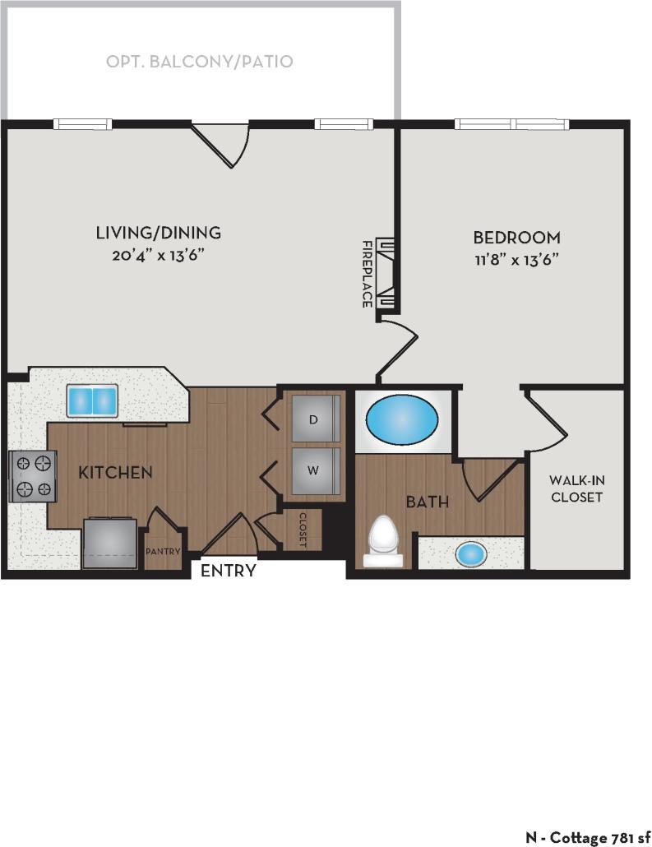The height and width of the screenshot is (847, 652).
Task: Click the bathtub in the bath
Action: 402,419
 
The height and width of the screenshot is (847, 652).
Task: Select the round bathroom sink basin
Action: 471,553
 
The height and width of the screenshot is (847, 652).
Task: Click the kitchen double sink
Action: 93,401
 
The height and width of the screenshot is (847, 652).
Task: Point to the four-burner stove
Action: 32,477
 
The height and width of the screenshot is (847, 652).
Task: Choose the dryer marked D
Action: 313,419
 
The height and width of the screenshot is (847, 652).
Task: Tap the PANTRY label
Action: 163,552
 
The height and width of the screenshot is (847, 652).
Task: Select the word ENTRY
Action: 229,571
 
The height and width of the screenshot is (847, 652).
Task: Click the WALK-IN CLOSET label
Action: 576,488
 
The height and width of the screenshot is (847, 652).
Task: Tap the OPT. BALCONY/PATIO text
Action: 200,62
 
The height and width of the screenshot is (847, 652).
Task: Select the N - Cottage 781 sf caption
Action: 587,836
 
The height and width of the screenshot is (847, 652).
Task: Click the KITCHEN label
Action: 115,472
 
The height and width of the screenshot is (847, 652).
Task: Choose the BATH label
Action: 428,500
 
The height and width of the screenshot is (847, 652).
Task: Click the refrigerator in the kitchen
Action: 109,543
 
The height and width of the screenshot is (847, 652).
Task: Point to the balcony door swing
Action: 220,145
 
